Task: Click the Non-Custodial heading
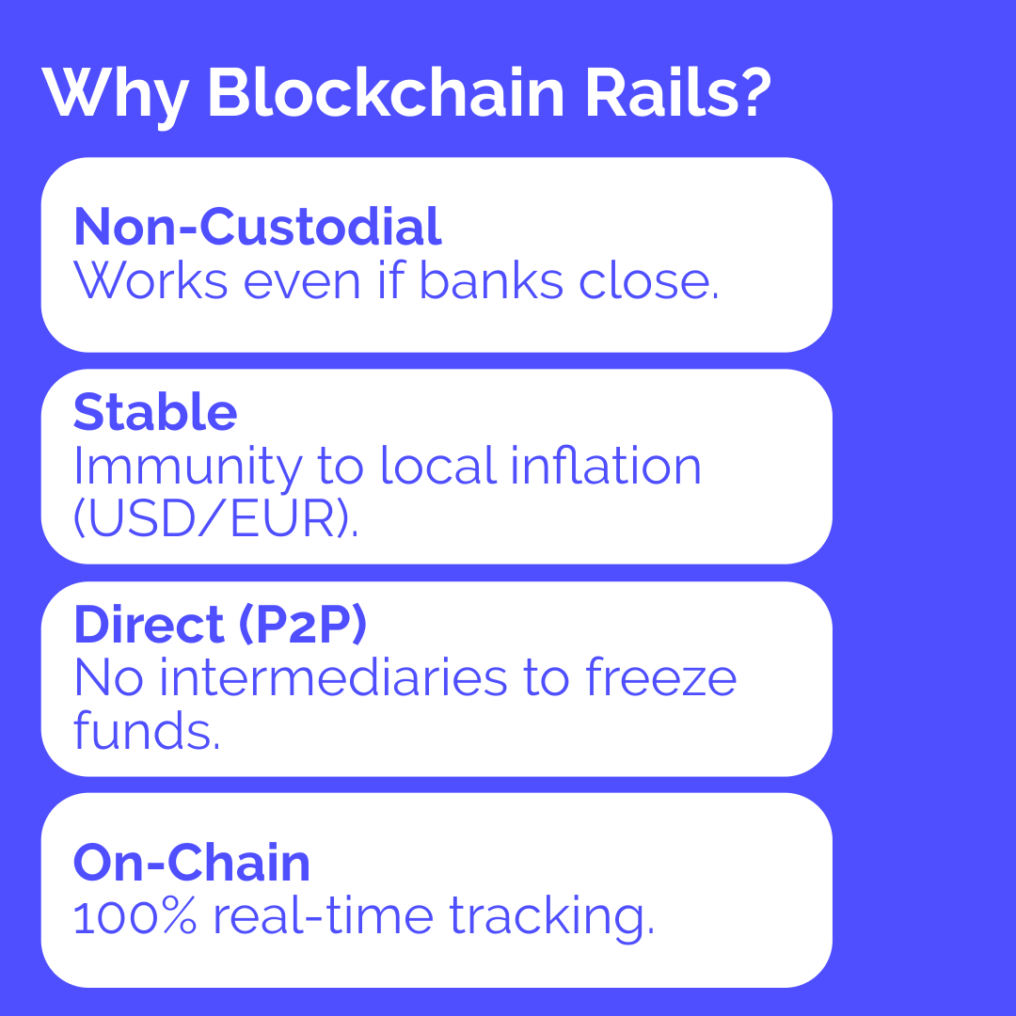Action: (257, 226)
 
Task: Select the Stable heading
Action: (155, 412)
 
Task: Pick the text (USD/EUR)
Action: (216, 519)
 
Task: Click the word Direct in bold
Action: (146, 625)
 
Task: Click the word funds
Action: (146, 731)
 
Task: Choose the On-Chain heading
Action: (192, 862)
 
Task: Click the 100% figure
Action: (134, 915)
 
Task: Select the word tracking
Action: (551, 915)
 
